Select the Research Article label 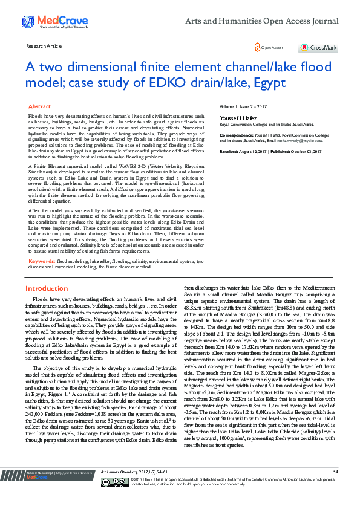44,45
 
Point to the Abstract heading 39,106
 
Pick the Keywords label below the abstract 41,261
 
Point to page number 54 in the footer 335,487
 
